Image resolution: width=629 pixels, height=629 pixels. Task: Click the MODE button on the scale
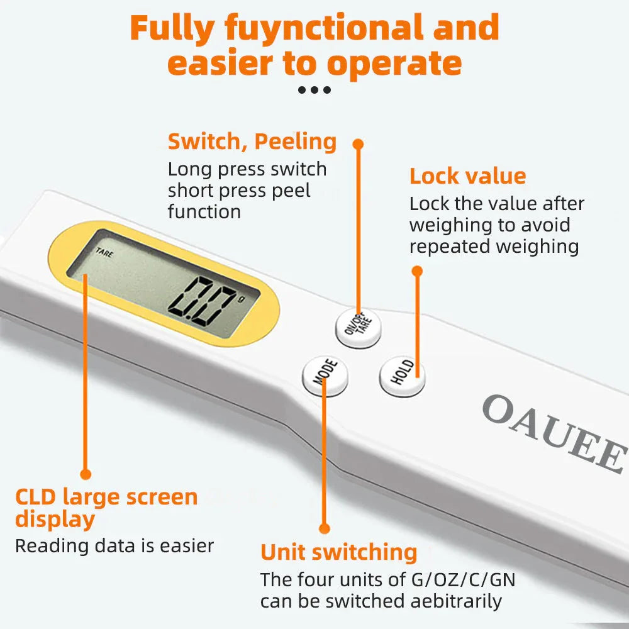pyautogui.click(x=325, y=376)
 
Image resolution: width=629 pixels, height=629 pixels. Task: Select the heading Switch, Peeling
pyautogui.click(x=252, y=142)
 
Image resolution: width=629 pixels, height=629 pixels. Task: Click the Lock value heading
pyautogui.click(x=467, y=176)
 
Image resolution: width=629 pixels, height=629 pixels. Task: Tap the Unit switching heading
pyautogui.click(x=339, y=552)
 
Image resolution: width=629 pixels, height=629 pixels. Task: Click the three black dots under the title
pyautogui.click(x=314, y=90)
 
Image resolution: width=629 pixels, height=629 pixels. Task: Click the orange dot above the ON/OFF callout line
pyautogui.click(x=358, y=144)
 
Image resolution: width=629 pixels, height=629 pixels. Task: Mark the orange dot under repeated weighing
pyautogui.click(x=416, y=271)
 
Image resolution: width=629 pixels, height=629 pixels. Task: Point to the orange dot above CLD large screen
pyautogui.click(x=86, y=474)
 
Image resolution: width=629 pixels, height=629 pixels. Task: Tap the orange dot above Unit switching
pyautogui.click(x=324, y=528)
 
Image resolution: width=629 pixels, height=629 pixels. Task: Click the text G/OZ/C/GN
pyautogui.click(x=463, y=579)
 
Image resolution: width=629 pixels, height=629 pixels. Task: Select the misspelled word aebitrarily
pyautogui.click(x=456, y=601)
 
